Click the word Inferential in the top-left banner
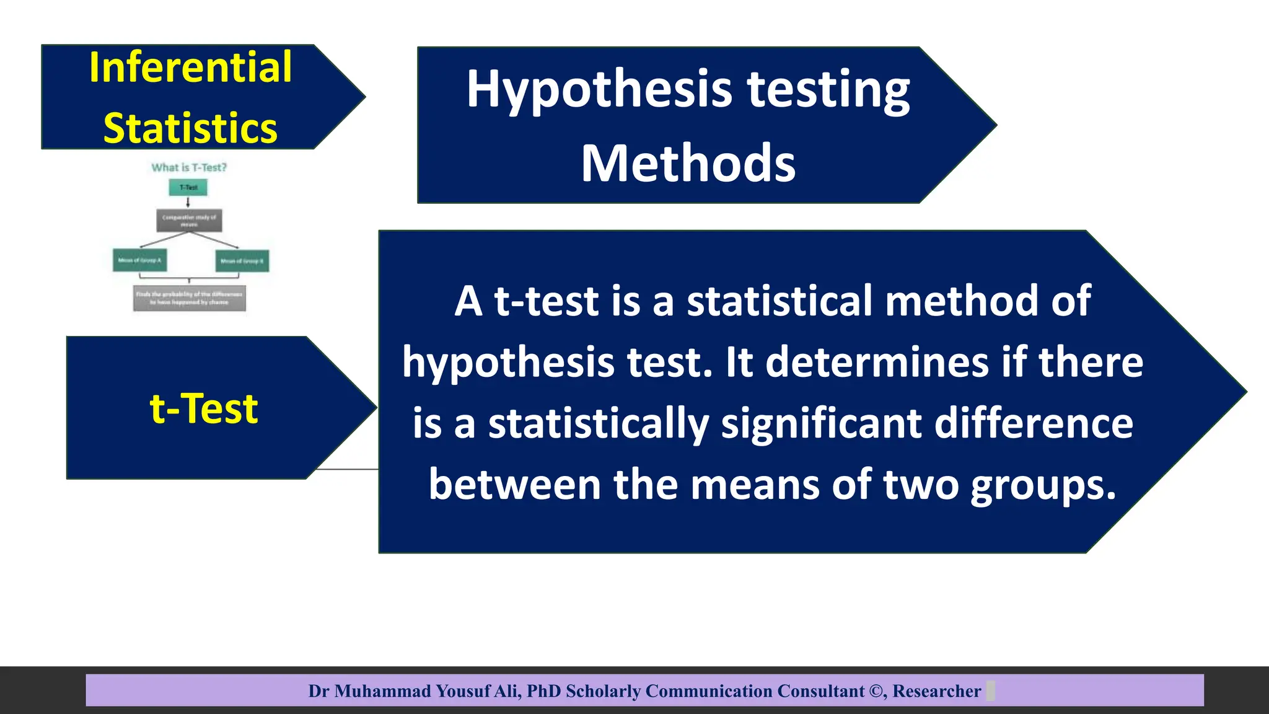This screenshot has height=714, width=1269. (x=190, y=67)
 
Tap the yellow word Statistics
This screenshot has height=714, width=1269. (x=190, y=128)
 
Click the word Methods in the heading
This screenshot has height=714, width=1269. (x=688, y=163)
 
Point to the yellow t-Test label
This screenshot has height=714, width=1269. (x=203, y=408)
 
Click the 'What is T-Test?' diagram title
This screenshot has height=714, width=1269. (x=189, y=167)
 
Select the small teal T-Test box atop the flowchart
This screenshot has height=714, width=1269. (x=188, y=187)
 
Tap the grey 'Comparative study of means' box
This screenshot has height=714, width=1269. (x=189, y=220)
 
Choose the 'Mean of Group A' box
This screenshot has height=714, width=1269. (x=139, y=260)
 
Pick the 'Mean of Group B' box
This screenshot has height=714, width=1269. (x=242, y=261)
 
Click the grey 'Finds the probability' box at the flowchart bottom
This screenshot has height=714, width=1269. (x=189, y=298)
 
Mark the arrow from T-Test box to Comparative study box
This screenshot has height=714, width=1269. (x=188, y=202)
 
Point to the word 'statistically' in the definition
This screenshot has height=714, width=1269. (x=598, y=425)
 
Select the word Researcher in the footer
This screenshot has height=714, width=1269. (x=936, y=691)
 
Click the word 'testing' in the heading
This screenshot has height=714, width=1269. (x=828, y=90)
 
